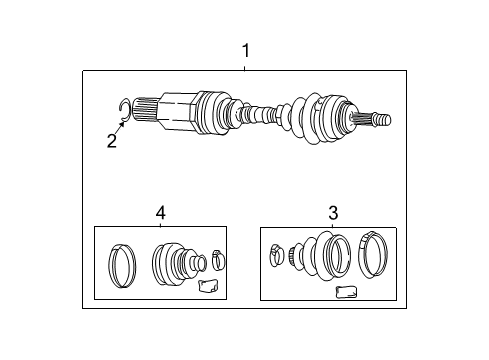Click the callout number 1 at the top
[x=245, y=50]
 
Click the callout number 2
[x=111, y=141]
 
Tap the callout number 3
[x=333, y=212]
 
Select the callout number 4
[x=160, y=212]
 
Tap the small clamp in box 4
[x=219, y=261]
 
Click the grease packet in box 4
[x=207, y=287]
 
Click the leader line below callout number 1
[x=245, y=65]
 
